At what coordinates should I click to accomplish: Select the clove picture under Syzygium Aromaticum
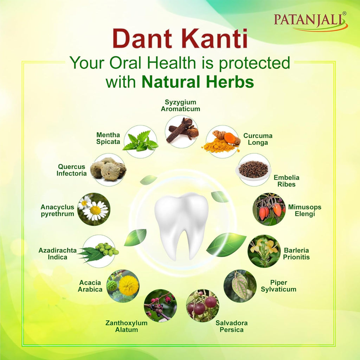coord(181,131)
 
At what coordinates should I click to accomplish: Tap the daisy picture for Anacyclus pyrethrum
coord(94,209)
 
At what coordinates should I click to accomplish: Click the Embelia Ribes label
coord(287,181)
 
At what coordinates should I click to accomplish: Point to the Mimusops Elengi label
coord(304,210)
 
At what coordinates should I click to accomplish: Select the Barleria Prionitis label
coord(296,254)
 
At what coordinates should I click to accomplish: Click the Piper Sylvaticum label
coord(283,286)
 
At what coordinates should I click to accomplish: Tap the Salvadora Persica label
coord(231,326)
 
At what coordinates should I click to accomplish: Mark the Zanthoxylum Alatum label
coord(127,326)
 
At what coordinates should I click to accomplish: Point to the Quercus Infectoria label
coord(72,170)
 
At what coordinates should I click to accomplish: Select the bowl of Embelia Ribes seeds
coord(253,169)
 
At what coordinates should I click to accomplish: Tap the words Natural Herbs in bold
coord(198,82)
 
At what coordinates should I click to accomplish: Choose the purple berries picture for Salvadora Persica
coord(202,306)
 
